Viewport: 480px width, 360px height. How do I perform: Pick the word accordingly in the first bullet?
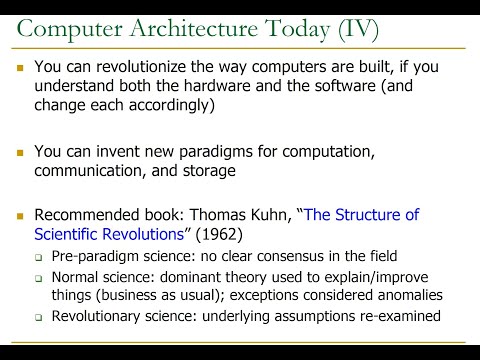pyautogui.click(x=170, y=107)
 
